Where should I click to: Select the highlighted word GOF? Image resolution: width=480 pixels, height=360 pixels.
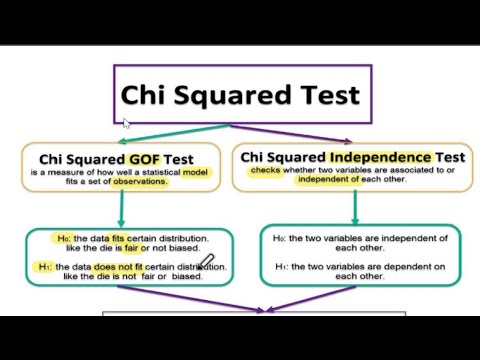point(141,158)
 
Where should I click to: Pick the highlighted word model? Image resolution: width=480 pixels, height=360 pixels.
point(194,172)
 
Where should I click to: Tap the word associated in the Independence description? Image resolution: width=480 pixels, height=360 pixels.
point(385,171)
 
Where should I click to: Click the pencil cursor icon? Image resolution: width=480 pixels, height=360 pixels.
point(207,263)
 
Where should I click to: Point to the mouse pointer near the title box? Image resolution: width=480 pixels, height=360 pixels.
point(126,123)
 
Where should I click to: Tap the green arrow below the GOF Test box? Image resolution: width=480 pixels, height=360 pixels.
point(122,209)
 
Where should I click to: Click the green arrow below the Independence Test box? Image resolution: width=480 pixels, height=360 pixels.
point(355,206)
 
